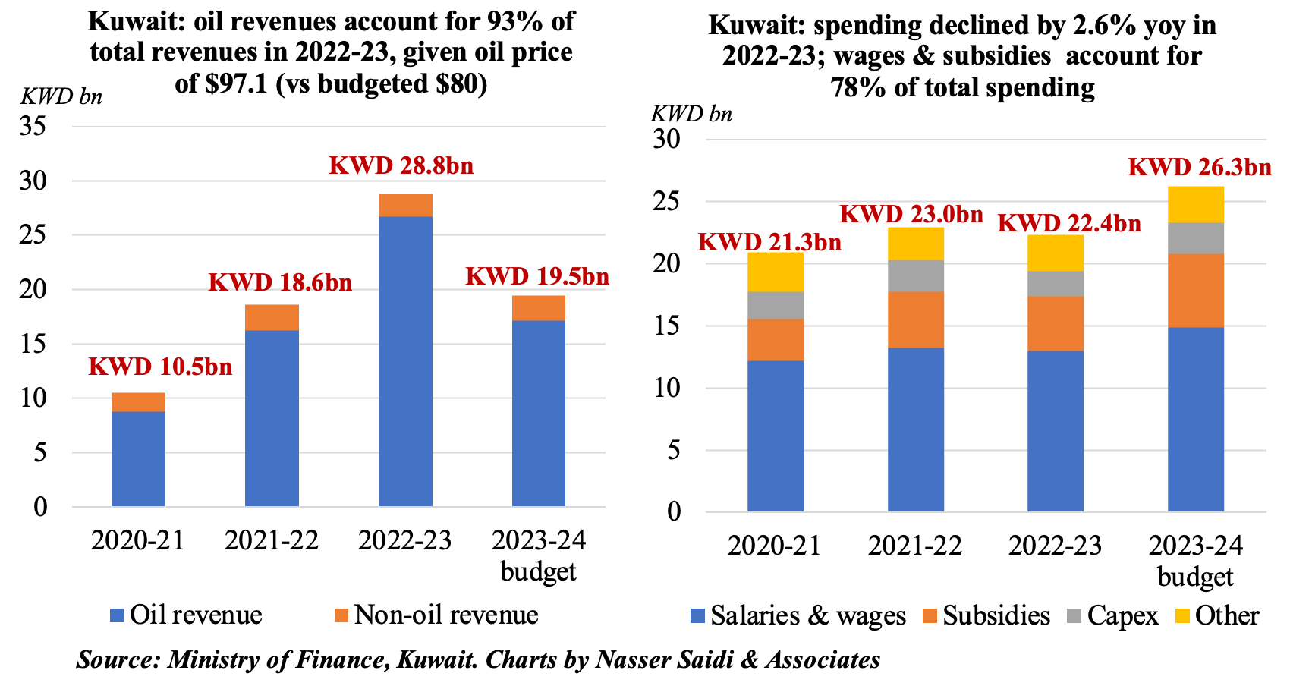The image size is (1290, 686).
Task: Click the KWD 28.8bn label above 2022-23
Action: point(401,165)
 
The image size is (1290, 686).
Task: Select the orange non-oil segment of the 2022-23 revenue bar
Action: point(405,206)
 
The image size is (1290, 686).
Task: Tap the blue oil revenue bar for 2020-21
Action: point(138,458)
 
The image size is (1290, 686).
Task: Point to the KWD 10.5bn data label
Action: point(160,367)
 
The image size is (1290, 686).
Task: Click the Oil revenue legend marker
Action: point(117,615)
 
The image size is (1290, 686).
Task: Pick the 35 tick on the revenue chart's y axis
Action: point(34,126)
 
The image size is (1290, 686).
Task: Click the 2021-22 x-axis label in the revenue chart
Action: point(272,541)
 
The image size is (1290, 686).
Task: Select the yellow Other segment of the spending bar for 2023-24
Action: point(1195,204)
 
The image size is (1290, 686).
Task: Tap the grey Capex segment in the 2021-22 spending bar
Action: point(916,275)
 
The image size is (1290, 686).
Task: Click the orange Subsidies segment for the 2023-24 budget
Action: point(1195,290)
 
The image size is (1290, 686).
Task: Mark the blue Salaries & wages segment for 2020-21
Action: point(775,436)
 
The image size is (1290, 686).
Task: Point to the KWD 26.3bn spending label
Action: point(1199,167)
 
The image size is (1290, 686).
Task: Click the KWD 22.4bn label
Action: point(1068,223)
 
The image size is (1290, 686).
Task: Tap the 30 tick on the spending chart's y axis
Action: point(667,140)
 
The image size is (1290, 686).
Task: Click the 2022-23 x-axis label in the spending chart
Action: point(1055,546)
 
